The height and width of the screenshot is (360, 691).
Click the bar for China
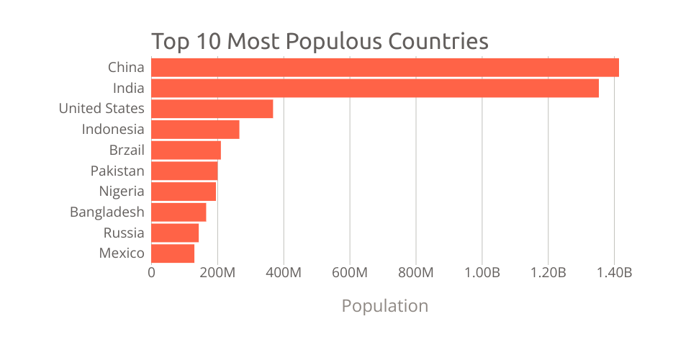coord(385,68)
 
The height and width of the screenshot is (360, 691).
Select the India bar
coord(375,89)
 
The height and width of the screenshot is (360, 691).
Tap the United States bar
coord(212,109)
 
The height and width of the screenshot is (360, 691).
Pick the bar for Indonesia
coord(195,130)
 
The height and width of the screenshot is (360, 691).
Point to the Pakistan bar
coord(184,171)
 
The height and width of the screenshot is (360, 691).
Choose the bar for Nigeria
coord(184,192)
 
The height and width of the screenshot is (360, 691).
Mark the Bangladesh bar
coord(179,212)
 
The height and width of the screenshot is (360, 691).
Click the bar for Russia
coord(175,233)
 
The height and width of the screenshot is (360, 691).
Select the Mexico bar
coord(173,253)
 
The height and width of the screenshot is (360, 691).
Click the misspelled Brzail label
coord(127,150)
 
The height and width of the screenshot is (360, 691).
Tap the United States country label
coord(101,109)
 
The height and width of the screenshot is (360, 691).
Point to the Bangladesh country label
coord(107,212)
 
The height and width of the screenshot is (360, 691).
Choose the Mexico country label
coord(122,253)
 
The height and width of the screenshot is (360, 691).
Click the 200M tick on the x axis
coord(217,273)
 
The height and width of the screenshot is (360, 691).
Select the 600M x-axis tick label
coord(350,273)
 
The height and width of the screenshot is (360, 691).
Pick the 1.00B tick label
coord(482,273)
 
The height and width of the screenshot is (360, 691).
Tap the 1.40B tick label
coord(614,273)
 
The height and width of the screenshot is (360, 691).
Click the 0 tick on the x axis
coord(151,273)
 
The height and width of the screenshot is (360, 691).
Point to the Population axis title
coord(384,306)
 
